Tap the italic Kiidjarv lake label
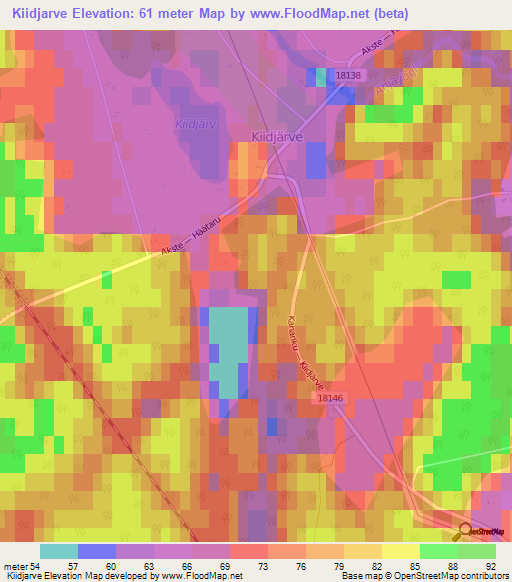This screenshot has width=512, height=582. (x=191, y=124)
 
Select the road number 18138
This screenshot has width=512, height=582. (x=350, y=75)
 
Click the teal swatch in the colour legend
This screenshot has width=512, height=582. (x=59, y=552)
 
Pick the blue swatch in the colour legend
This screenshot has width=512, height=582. (x=97, y=552)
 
